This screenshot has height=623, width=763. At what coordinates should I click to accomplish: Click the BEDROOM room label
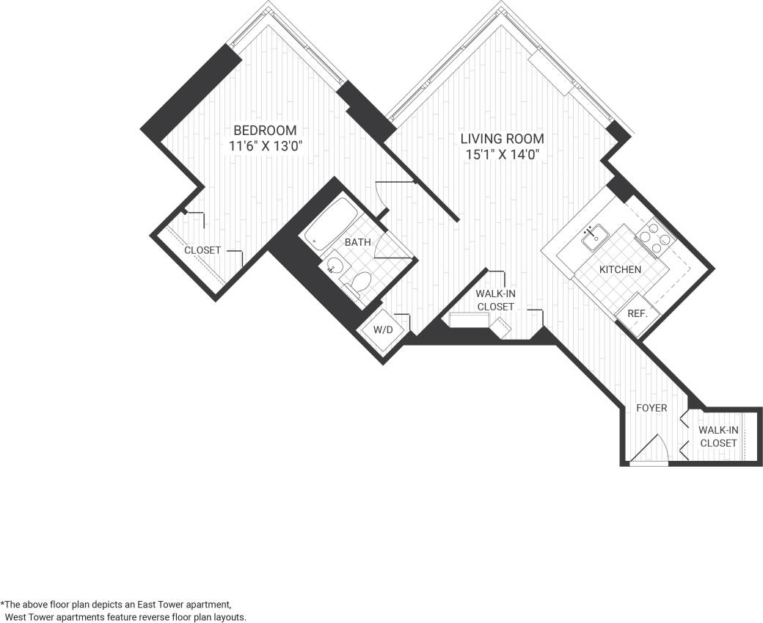pyautogui.click(x=265, y=131)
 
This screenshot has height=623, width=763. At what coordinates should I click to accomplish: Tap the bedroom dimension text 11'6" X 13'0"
pyautogui.click(x=265, y=146)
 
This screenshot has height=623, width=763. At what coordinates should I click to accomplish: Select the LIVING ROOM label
pyautogui.click(x=502, y=139)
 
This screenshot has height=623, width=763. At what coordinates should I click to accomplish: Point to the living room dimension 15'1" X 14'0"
pyautogui.click(x=502, y=154)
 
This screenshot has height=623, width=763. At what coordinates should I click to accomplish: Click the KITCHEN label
pyautogui.click(x=620, y=269)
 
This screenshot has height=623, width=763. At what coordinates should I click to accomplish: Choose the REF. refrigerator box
pyautogui.click(x=636, y=313)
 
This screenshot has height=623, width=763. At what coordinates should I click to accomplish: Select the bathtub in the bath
pyautogui.click(x=331, y=226)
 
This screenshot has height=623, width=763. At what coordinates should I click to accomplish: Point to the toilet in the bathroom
pyautogui.click(x=359, y=284)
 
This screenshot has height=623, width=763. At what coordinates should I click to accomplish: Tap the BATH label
pyautogui.click(x=358, y=242)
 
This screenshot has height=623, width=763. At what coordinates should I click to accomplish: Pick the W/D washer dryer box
pyautogui.click(x=384, y=330)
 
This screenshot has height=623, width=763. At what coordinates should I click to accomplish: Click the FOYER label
pyautogui.click(x=651, y=407)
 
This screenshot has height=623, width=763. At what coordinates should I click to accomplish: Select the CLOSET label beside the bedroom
pyautogui.click(x=202, y=250)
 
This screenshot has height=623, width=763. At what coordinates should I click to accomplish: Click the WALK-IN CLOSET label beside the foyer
pyautogui.click(x=718, y=437)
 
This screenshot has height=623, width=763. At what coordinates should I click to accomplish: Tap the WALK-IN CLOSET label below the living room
pyautogui.click(x=495, y=300)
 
